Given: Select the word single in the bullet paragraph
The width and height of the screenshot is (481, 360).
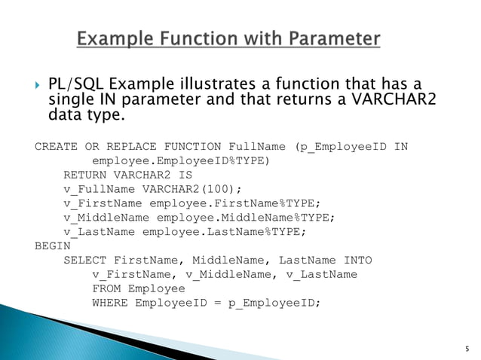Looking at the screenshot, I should pos(71,100).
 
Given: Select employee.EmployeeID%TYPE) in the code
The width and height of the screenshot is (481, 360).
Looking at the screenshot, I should pos(180,160).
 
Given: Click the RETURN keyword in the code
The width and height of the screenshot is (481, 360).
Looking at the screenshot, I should pos(84,175).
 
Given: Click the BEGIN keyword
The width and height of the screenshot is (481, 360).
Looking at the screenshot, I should pos(52,246).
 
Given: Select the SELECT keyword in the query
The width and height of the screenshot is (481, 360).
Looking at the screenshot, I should pos(84,260).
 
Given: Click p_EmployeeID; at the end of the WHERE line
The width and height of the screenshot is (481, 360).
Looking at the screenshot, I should pos(274,303).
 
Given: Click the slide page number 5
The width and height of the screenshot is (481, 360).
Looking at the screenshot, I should pos(467,349).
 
